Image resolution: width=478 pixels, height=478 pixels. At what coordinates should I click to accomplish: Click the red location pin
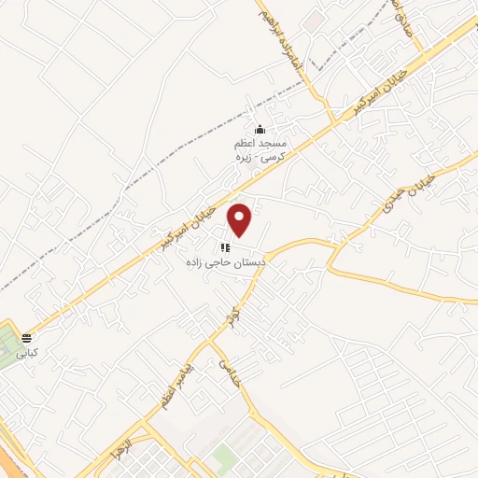click(x=241, y=218)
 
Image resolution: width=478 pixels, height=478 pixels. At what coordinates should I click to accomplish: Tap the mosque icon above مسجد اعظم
click(x=260, y=130)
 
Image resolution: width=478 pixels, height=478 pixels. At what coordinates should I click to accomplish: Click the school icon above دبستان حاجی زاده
click(x=224, y=247)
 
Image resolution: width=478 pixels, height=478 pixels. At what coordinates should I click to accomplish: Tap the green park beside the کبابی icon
click(x=9, y=345)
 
